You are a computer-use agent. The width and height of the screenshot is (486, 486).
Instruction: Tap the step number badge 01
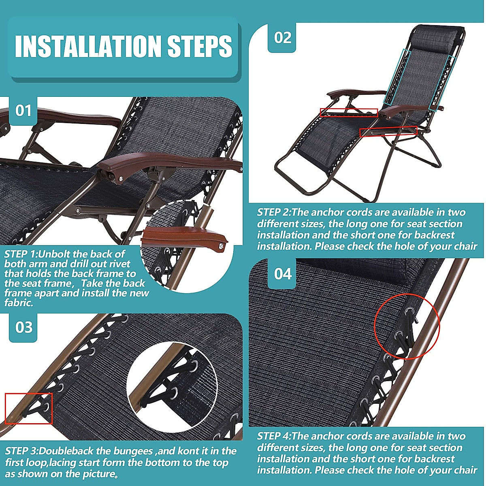coord(23,111)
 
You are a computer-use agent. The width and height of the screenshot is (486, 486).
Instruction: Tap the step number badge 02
coord(282,38)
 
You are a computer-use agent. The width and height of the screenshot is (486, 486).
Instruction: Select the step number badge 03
coord(23,327)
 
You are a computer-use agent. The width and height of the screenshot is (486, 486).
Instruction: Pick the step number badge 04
coord(282,274)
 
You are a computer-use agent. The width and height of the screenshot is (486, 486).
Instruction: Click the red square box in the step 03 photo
coord(29,408)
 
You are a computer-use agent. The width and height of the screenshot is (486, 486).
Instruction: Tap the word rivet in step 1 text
coord(120,264)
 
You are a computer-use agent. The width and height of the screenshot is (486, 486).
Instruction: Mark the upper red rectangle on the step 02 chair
coord(349,113)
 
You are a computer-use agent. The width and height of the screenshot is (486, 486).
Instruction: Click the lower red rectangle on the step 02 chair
coord(388,131)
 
